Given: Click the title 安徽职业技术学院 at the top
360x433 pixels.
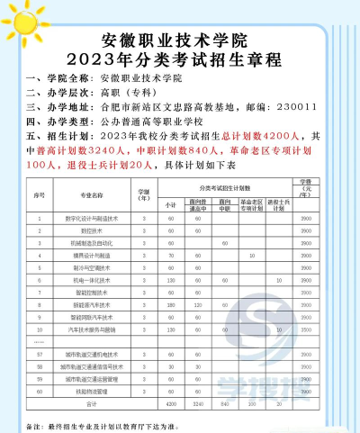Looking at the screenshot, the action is [x=179, y=41].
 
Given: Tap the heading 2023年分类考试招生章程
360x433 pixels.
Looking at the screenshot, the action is [x=179, y=60].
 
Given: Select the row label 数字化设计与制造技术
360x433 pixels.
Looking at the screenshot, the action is [x=94, y=219].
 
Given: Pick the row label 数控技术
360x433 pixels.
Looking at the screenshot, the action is [x=94, y=231].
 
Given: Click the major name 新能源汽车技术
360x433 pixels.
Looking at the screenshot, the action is [x=94, y=305].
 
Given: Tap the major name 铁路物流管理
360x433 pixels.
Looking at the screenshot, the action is [x=94, y=392].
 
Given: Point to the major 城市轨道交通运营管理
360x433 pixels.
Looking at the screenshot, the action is [x=94, y=379].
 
